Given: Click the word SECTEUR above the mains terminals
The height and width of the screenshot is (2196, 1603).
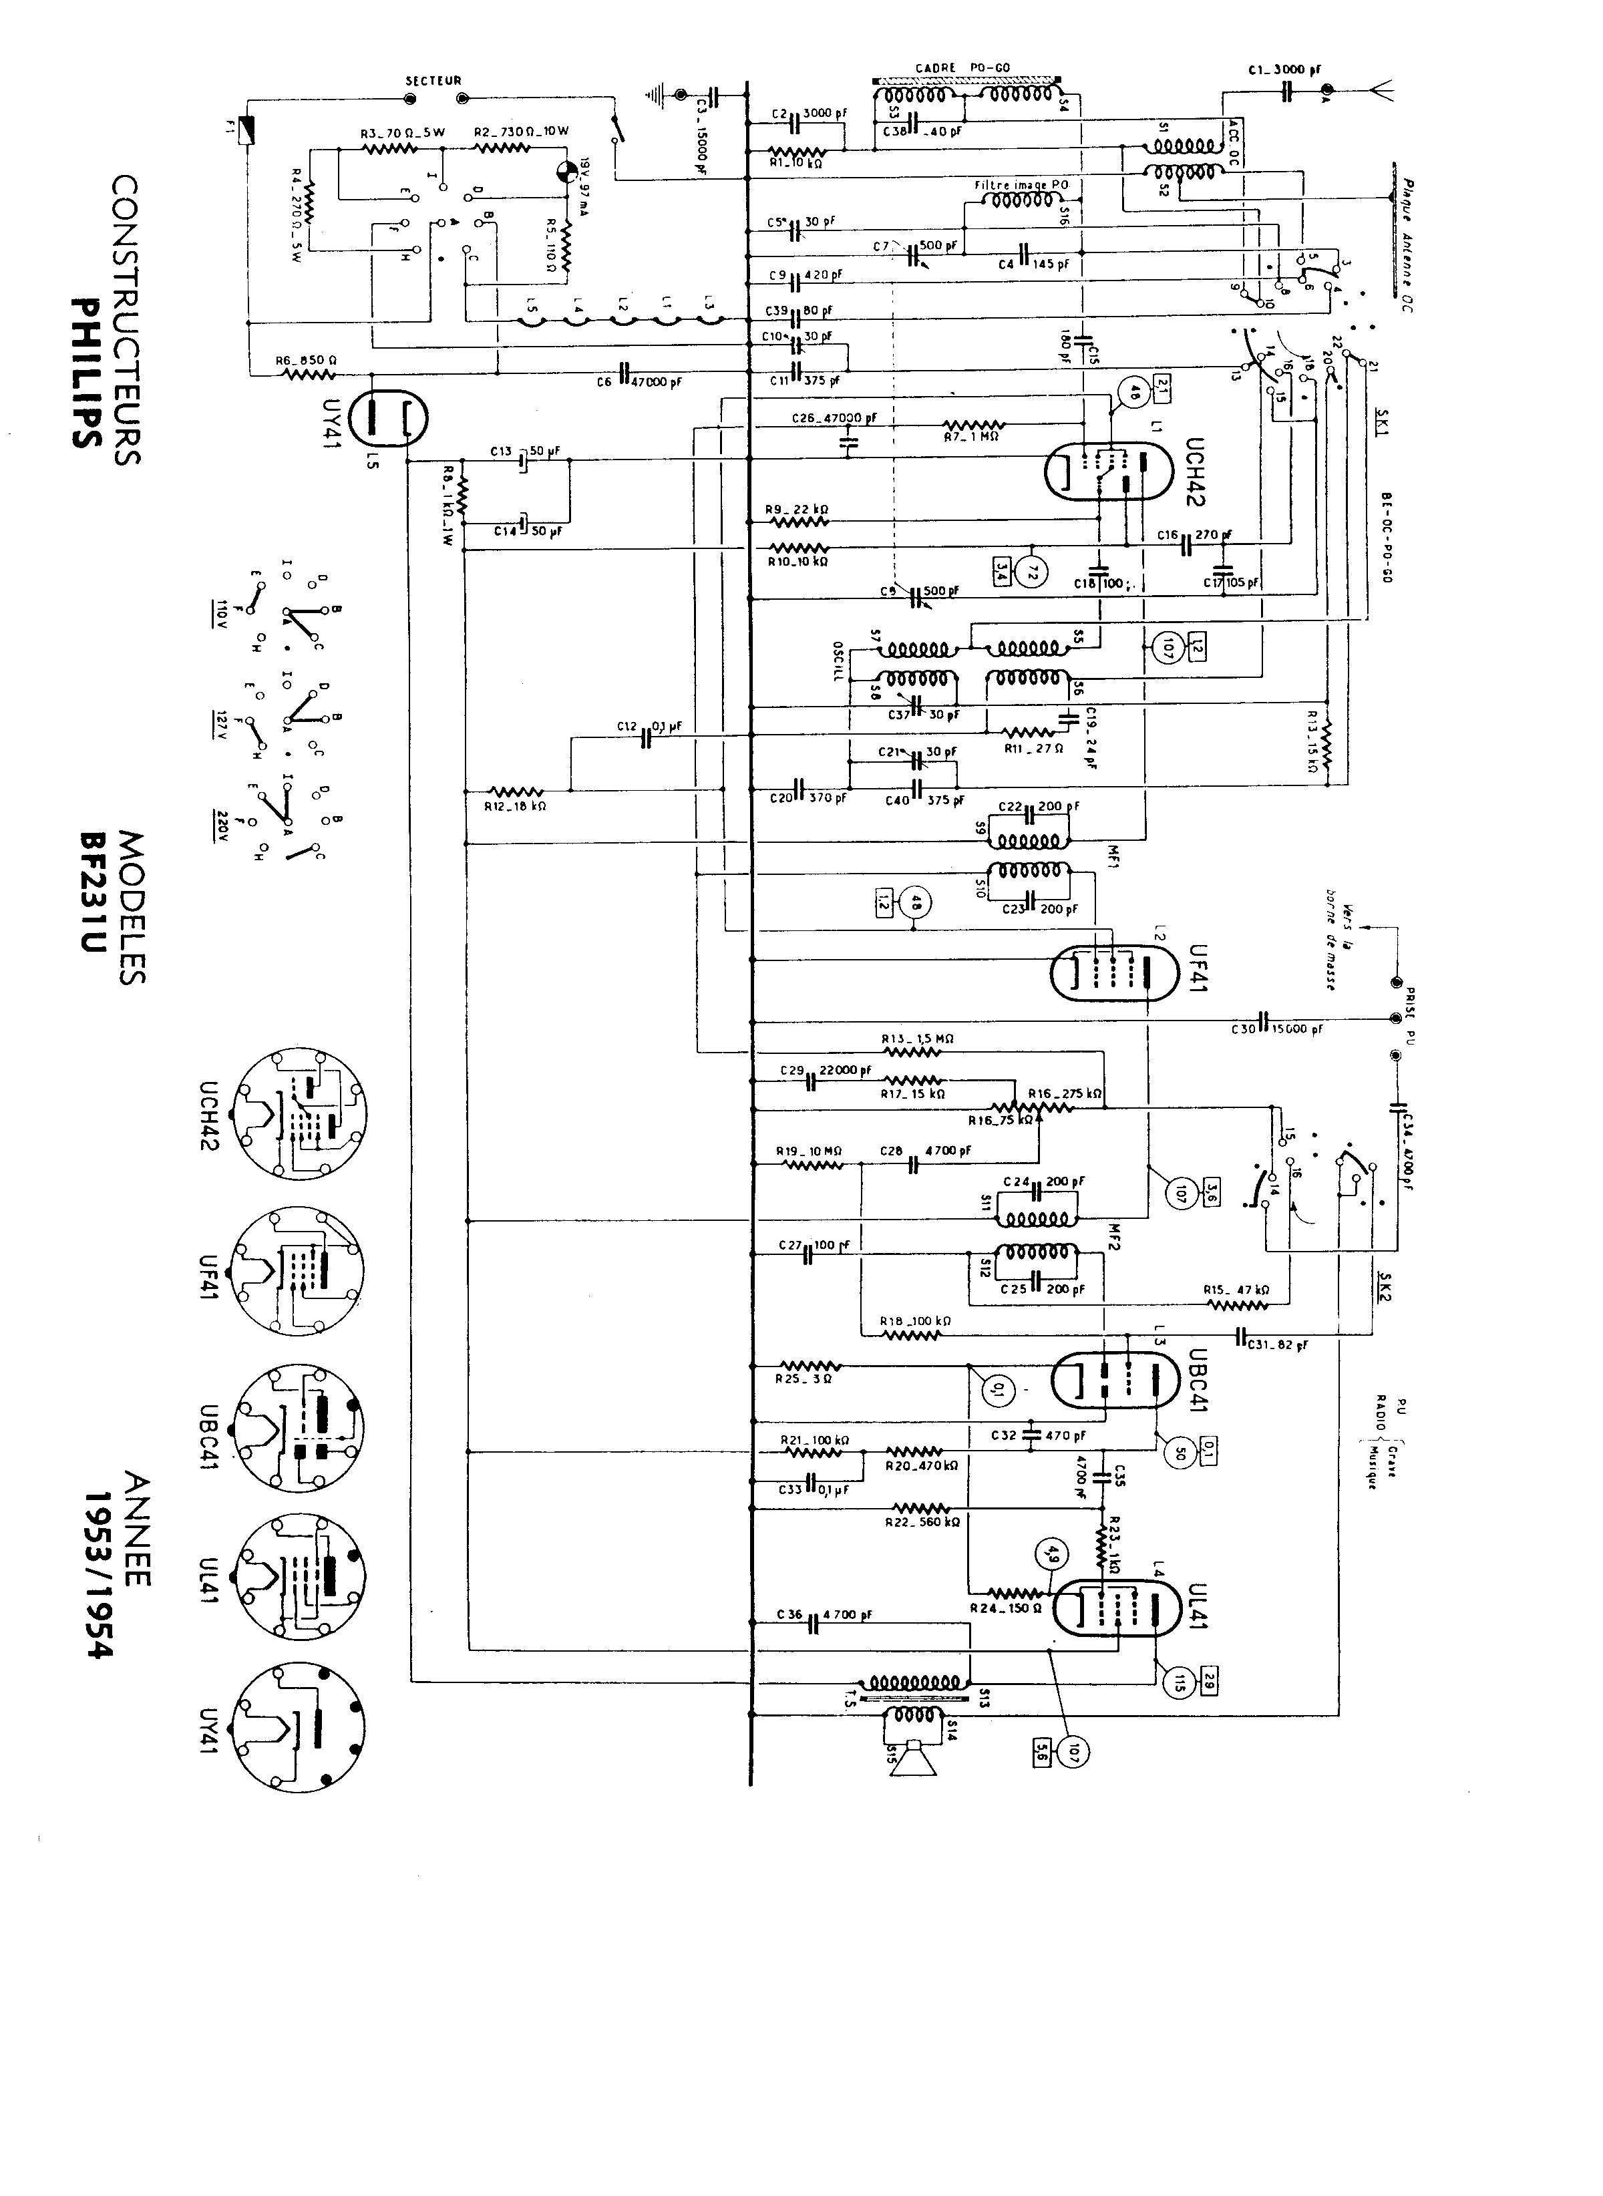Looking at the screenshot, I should coord(433,81).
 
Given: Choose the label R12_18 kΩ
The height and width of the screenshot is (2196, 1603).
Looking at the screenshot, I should coord(517,806).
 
